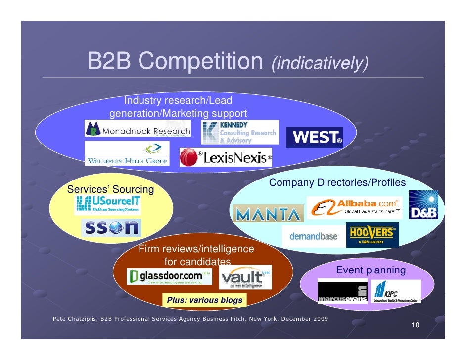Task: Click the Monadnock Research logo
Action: click(x=138, y=130)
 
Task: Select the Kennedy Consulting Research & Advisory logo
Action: click(x=240, y=132)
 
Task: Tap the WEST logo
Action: click(x=314, y=137)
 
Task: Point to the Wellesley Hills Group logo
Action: click(x=127, y=154)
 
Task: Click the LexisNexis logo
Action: click(x=226, y=158)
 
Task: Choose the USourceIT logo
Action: click(x=107, y=204)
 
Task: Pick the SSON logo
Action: click(x=111, y=227)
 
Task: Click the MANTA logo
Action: click(x=268, y=214)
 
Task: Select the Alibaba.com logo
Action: click(x=354, y=207)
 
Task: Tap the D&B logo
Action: click(x=423, y=205)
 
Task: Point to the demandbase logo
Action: click(x=313, y=237)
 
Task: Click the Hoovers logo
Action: click(x=373, y=235)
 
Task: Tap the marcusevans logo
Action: click(x=342, y=292)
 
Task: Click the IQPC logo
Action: click(x=396, y=291)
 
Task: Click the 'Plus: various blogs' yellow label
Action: click(x=205, y=300)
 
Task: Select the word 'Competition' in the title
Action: click(x=200, y=62)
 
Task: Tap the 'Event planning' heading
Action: click(x=371, y=270)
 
